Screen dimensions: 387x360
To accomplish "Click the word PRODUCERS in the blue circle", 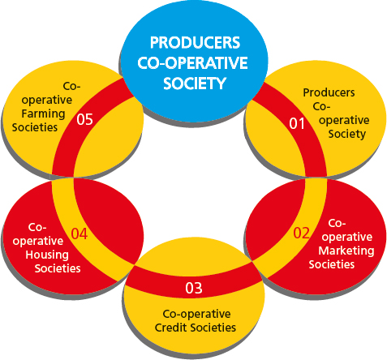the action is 195,42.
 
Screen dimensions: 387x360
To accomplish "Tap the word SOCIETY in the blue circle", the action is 195,84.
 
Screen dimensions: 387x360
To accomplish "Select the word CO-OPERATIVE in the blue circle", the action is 192,62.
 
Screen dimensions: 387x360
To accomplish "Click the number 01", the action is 297,123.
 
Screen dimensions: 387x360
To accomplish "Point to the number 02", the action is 301,233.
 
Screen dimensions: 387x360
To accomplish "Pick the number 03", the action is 194,288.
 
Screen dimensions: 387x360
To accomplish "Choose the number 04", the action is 80,234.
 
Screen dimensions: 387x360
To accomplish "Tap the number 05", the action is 84,119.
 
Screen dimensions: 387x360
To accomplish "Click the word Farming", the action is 43,114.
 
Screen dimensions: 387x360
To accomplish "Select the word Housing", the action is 47,255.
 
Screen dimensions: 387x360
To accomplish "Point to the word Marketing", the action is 346,251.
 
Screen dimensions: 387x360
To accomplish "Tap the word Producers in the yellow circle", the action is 329,92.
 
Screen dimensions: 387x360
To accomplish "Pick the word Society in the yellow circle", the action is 347,134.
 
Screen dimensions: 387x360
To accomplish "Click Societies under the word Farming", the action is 35,127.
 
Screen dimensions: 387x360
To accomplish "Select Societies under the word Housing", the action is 58,268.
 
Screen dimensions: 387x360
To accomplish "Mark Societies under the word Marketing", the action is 332,264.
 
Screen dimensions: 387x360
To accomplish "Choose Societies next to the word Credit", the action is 213,328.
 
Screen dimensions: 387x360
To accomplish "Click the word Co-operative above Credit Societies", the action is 196,314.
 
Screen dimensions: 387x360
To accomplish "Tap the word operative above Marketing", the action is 347,238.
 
